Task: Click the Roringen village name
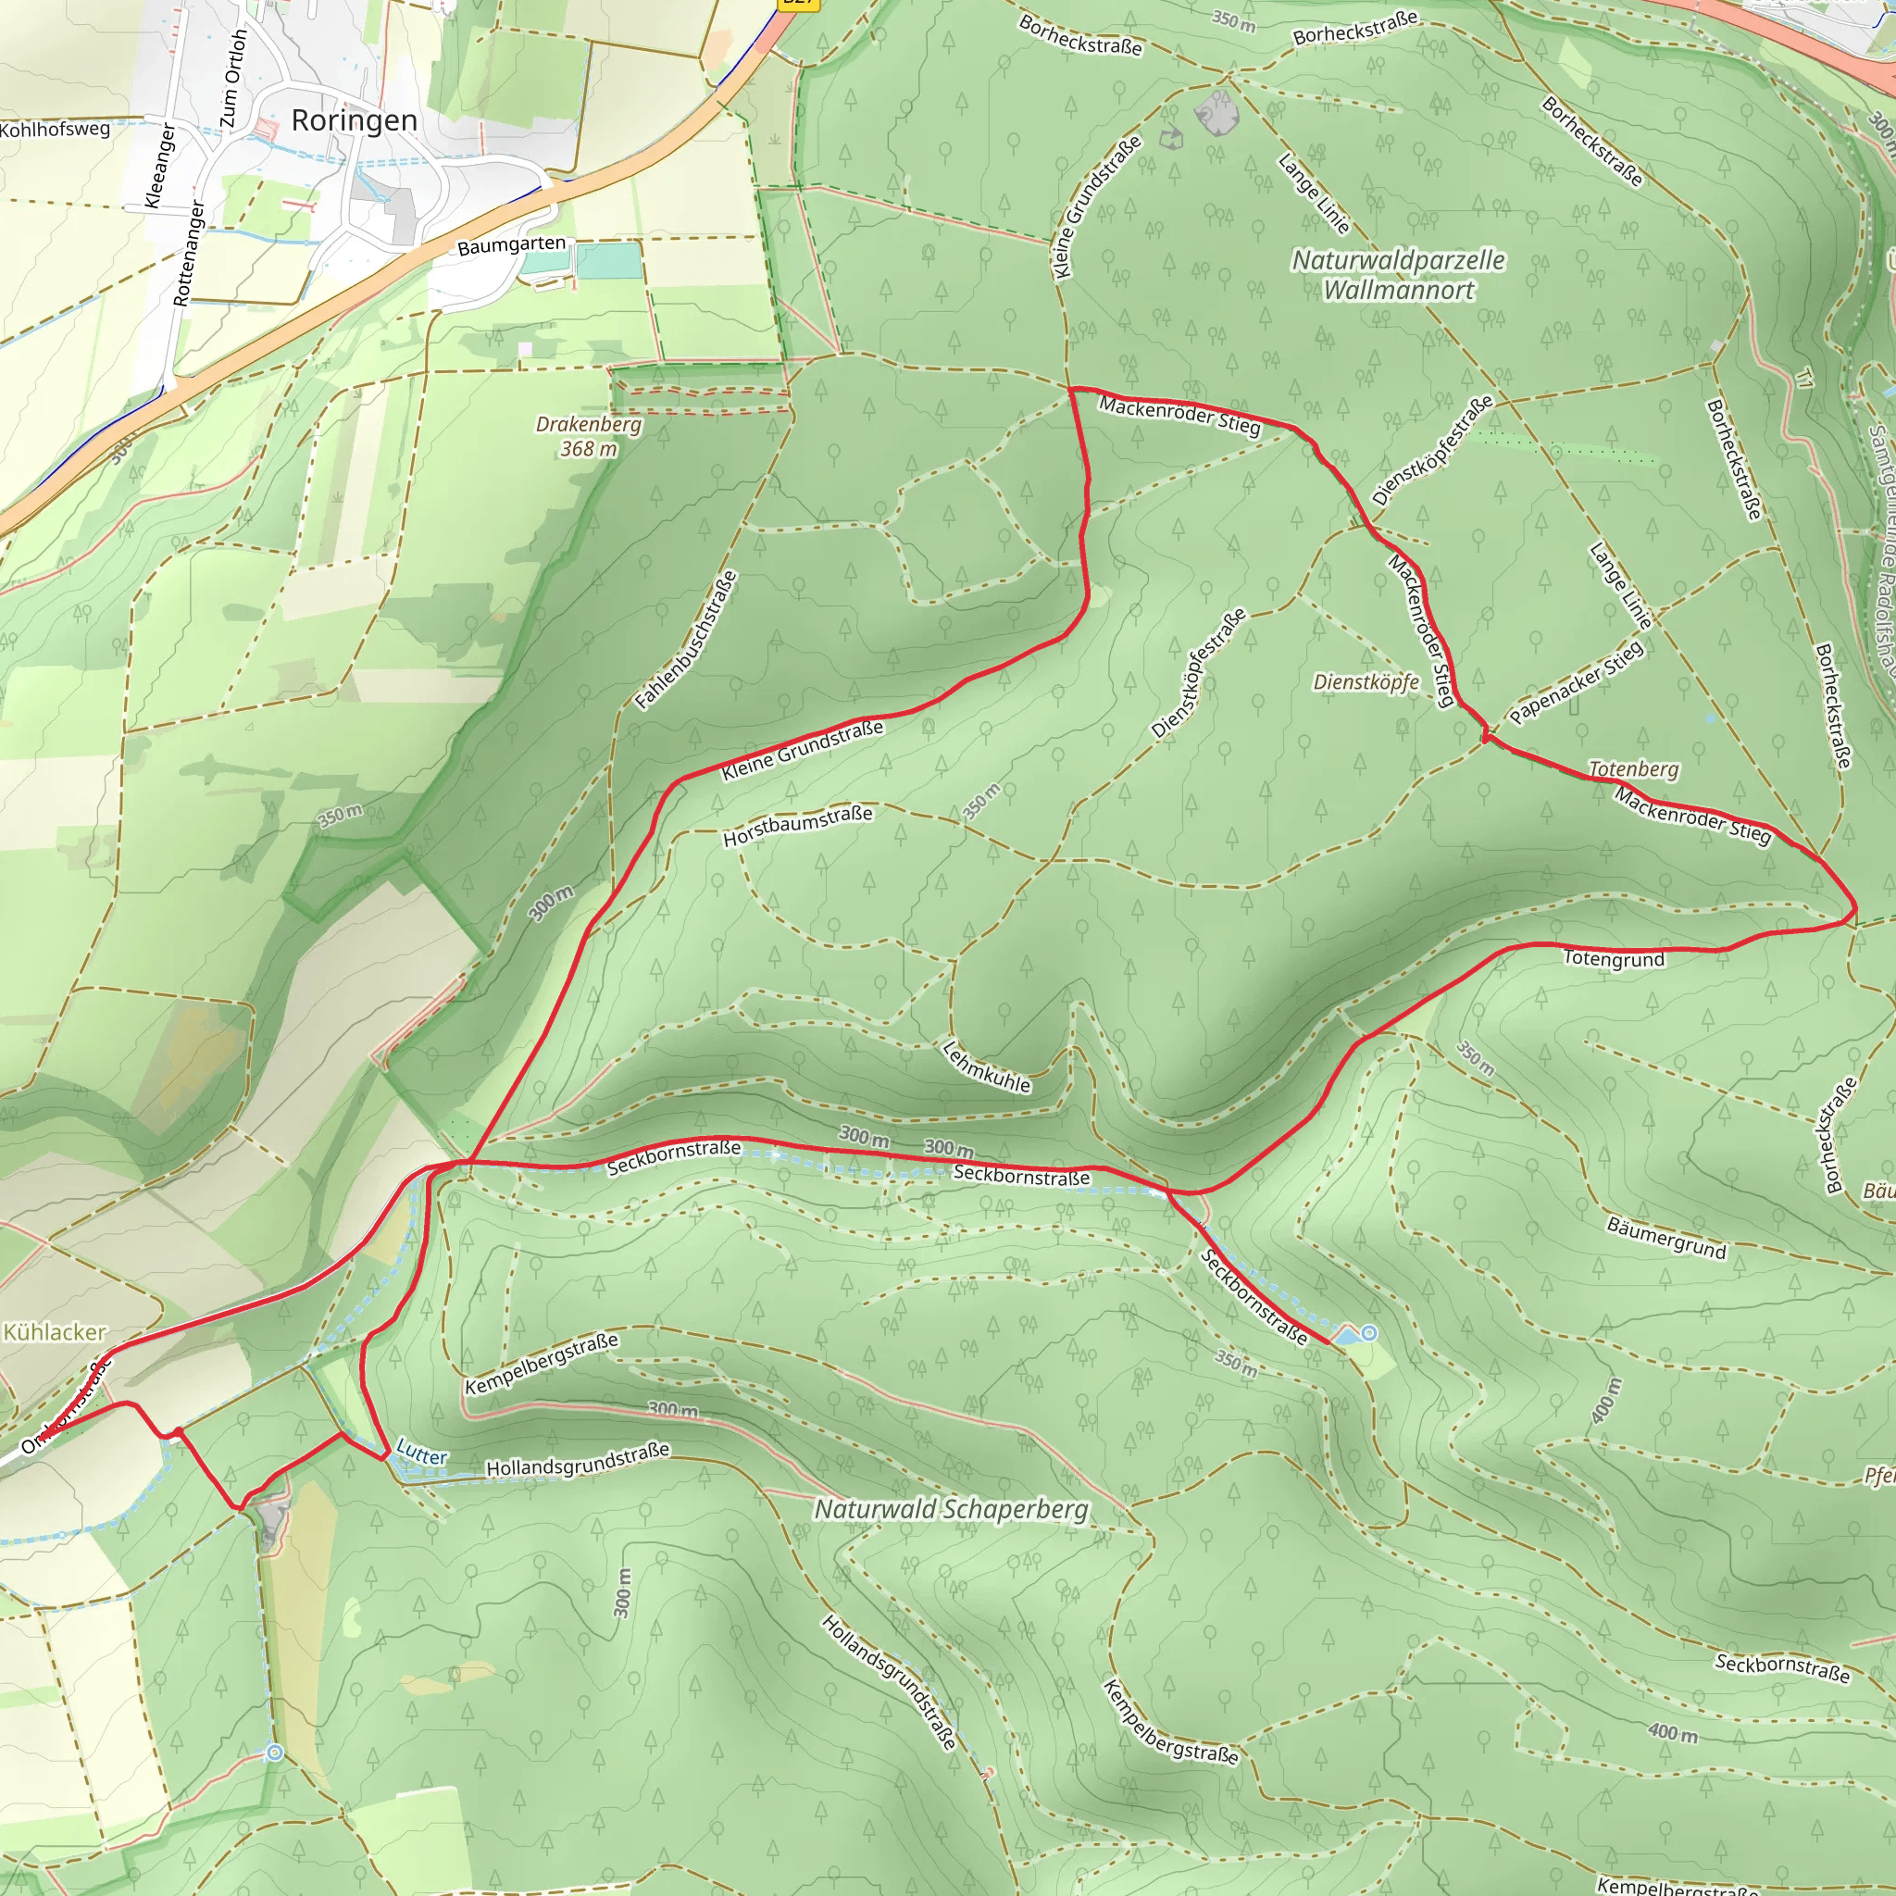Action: [355, 120]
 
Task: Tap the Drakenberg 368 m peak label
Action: [588, 437]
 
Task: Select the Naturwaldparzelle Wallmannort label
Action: [1397, 275]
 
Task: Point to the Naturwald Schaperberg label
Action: [951, 1508]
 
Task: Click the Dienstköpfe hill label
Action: [1366, 682]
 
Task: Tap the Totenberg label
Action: [1633, 769]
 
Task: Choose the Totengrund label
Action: [1614, 959]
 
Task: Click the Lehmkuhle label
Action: [986, 1066]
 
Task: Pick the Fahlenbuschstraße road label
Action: [685, 640]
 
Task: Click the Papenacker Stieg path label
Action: [1576, 682]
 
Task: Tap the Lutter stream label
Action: [422, 1453]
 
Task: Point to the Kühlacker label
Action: [55, 1331]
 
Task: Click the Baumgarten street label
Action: [511, 244]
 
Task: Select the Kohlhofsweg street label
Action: [56, 129]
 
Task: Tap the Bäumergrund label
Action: [1665, 1238]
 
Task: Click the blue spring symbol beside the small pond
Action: [1369, 1333]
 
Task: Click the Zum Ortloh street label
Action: [233, 79]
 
